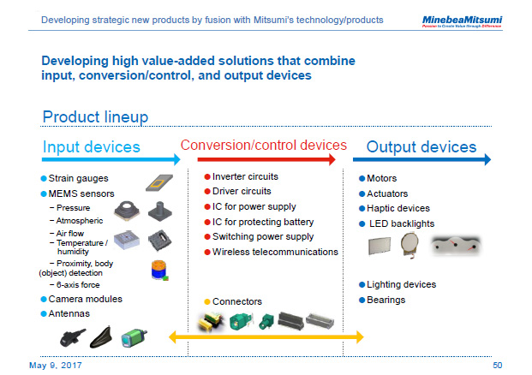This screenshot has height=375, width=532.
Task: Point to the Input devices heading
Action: pos(91,146)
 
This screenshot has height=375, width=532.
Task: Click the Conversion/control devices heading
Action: pos(263,145)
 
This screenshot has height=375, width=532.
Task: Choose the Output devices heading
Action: pos(421,146)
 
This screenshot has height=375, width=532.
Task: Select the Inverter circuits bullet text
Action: pos(245,176)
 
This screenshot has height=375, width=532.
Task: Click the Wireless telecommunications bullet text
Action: pos(275,252)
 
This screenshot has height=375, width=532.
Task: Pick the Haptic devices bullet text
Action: pos(398,208)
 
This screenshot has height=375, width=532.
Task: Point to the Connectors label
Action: pos(237,301)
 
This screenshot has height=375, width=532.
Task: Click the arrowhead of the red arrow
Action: pos(332,159)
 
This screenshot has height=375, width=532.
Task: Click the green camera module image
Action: pos(133,336)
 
